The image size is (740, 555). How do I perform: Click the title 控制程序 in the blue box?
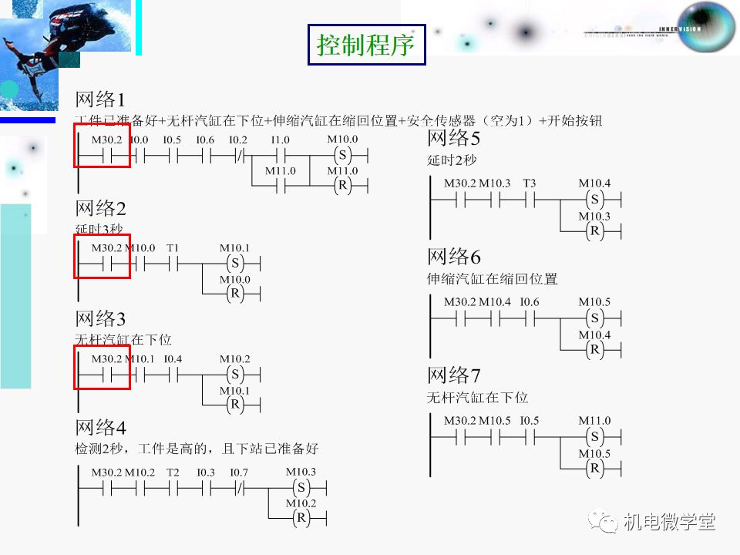point(366,45)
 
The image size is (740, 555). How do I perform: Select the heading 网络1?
point(99,99)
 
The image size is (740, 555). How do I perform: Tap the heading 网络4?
point(100,428)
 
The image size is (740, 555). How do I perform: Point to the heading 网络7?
point(454,376)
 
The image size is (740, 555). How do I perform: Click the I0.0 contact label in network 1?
point(139,140)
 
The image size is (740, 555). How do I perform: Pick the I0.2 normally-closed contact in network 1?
point(239,155)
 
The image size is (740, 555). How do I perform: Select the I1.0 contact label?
point(280,140)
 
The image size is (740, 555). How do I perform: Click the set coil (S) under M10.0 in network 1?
point(342,155)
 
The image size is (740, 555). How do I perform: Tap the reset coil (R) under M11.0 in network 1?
point(342,186)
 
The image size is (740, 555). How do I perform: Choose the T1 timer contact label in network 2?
point(173,248)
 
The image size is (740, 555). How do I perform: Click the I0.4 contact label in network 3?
point(173,359)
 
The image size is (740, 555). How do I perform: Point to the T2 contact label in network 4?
point(173,472)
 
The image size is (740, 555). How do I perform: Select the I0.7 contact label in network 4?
point(239,472)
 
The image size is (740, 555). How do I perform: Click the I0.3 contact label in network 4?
point(205,472)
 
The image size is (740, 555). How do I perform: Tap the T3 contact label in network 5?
point(529,183)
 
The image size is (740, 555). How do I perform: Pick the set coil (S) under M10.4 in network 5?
point(594,200)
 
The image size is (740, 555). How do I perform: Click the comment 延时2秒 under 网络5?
point(452,160)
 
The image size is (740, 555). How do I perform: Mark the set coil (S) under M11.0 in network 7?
point(594,437)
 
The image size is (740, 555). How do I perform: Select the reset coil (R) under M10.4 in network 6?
point(594,349)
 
